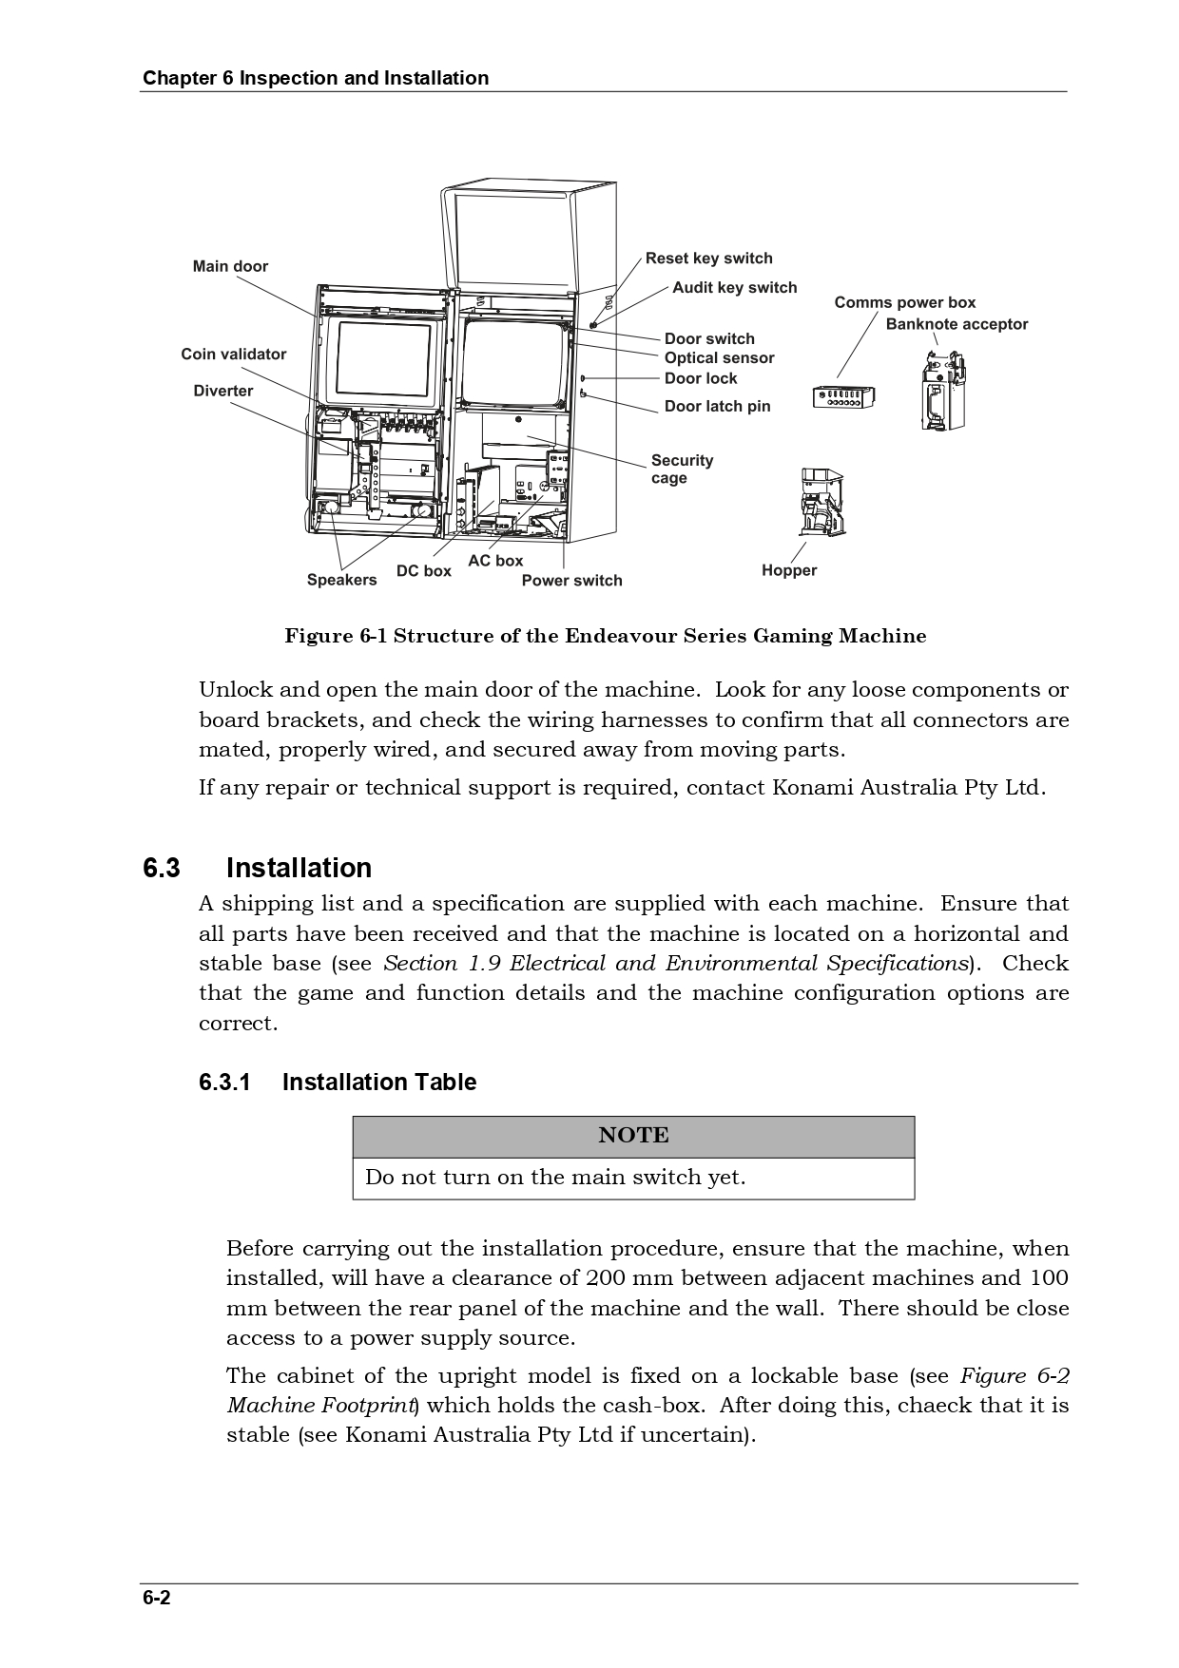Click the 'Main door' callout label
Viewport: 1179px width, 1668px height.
(230, 266)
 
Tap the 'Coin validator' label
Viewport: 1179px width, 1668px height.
(233, 355)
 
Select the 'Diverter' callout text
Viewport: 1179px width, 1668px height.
(223, 391)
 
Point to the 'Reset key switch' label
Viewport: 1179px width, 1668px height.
(708, 259)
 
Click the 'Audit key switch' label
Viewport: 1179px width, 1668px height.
(734, 288)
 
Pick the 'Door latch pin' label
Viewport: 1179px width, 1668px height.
(717, 407)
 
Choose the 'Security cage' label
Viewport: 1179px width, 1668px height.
(682, 469)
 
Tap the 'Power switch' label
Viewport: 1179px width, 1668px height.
(571, 581)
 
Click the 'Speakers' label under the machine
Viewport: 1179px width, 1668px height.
(341, 581)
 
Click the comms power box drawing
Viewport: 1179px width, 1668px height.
(844, 397)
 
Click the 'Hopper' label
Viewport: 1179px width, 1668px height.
(789, 571)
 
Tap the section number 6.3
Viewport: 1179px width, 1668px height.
(162, 869)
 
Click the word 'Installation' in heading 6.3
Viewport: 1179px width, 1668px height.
(299, 869)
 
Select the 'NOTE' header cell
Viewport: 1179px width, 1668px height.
(633, 1136)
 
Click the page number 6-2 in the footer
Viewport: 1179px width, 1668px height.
(157, 1598)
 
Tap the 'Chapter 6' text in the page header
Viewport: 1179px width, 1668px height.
(187, 79)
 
